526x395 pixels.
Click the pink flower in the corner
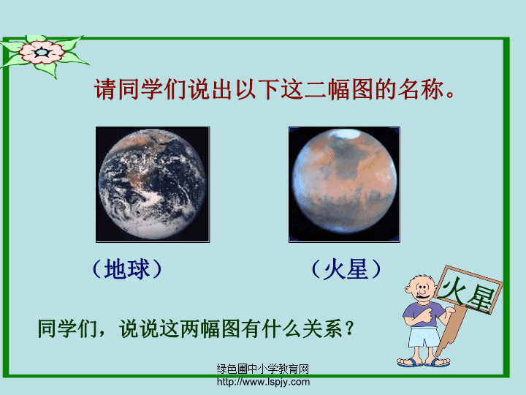click(x=42, y=53)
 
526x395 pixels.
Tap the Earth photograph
click(x=153, y=184)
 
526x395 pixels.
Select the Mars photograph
click(x=344, y=184)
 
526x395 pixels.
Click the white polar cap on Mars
click(x=345, y=134)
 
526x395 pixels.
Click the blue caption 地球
click(x=127, y=269)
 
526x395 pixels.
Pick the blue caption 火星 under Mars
click(x=346, y=269)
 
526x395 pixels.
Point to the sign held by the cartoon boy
click(x=468, y=290)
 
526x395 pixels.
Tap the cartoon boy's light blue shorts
click(x=423, y=338)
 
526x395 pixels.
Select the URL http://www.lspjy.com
click(x=263, y=382)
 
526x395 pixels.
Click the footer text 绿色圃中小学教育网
click(x=263, y=369)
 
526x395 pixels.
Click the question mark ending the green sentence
click(x=349, y=328)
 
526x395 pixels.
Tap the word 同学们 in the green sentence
click(x=67, y=328)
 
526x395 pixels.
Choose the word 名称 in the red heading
click(x=421, y=89)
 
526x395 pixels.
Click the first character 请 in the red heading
click(x=105, y=89)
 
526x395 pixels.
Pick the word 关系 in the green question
click(x=322, y=328)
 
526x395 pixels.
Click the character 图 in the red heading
click(x=363, y=89)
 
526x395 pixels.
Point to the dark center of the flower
click(x=42, y=53)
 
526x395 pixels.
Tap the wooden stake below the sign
click(x=450, y=332)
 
